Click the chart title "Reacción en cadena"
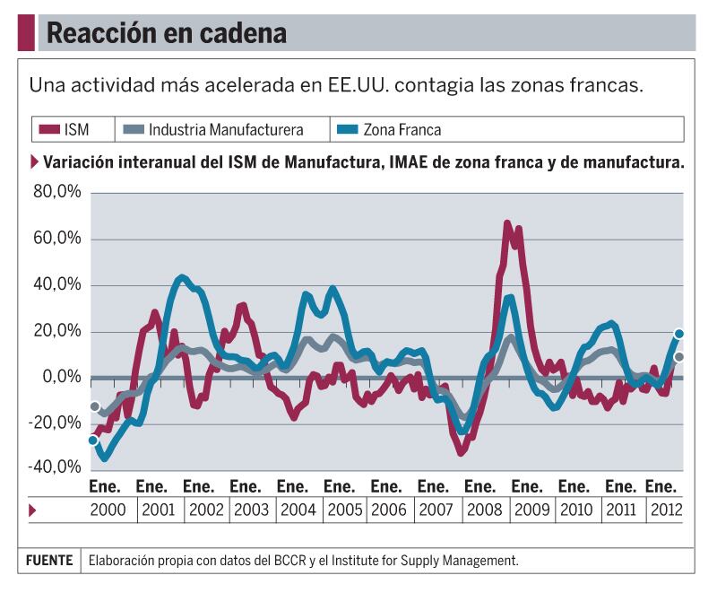point(166,33)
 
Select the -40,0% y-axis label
point(55,468)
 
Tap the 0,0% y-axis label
point(61,377)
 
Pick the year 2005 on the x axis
point(345,510)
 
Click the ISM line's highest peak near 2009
point(507,223)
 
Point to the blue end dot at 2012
point(679,334)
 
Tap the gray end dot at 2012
point(679,357)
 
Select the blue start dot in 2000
point(93,440)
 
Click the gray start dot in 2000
point(94,406)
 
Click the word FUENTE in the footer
point(49,561)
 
